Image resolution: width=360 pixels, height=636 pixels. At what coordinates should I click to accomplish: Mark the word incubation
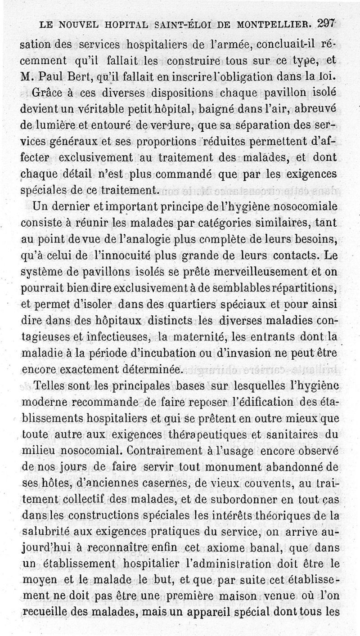pos(165,353)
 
